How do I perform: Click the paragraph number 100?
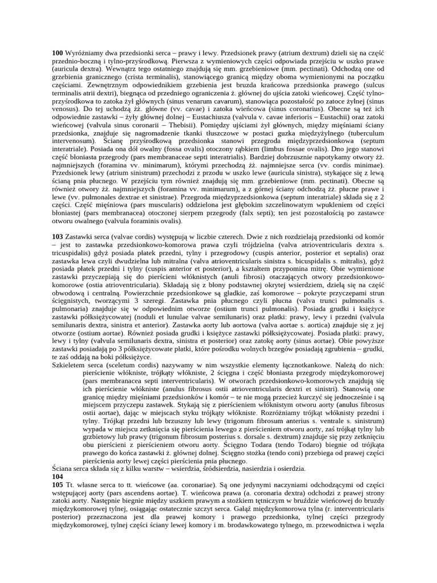(57, 52)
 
